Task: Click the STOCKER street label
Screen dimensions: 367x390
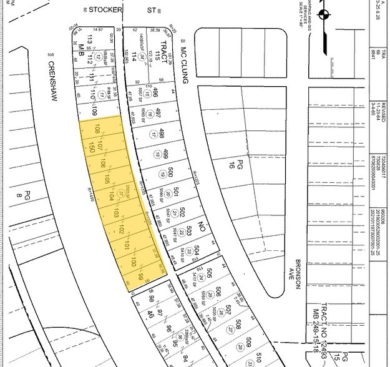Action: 104,10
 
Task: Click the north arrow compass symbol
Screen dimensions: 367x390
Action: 323,15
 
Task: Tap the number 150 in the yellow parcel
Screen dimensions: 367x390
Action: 91,148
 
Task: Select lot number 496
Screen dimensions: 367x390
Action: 157,95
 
